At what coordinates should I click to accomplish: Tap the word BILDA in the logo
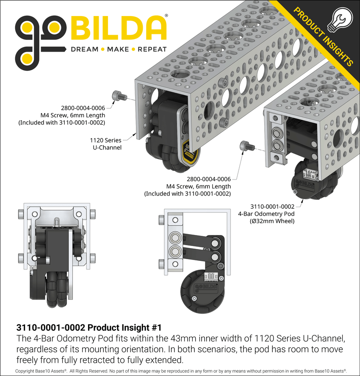(118, 29)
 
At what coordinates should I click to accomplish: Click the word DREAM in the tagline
(84, 50)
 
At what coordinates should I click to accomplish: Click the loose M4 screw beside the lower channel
(246, 146)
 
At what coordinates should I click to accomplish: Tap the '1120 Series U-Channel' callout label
(105, 144)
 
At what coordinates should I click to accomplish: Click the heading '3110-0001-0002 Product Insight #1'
(89, 328)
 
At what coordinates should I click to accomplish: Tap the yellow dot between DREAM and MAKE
(102, 50)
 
